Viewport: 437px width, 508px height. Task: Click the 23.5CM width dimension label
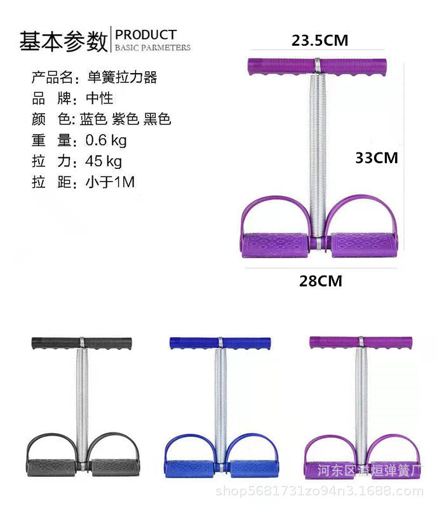pyautogui.click(x=319, y=41)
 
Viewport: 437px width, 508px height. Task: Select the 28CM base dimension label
pyautogui.click(x=321, y=281)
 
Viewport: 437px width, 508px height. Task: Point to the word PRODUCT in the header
pyautogui.click(x=146, y=34)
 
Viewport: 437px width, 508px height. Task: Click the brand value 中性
pyautogui.click(x=99, y=98)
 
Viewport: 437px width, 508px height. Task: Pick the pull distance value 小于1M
pyautogui.click(x=110, y=182)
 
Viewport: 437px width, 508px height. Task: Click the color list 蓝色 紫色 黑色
pyautogui.click(x=126, y=119)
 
